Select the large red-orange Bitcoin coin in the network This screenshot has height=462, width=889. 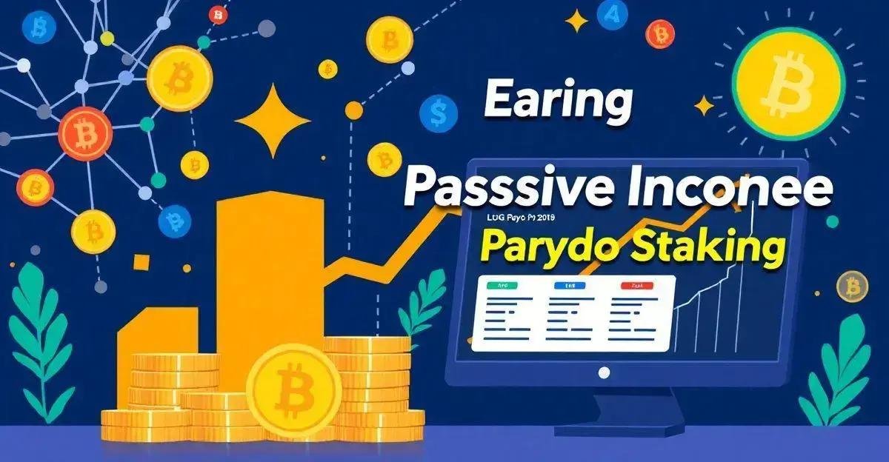coord(87,133)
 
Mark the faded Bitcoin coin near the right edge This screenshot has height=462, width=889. coord(851,286)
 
